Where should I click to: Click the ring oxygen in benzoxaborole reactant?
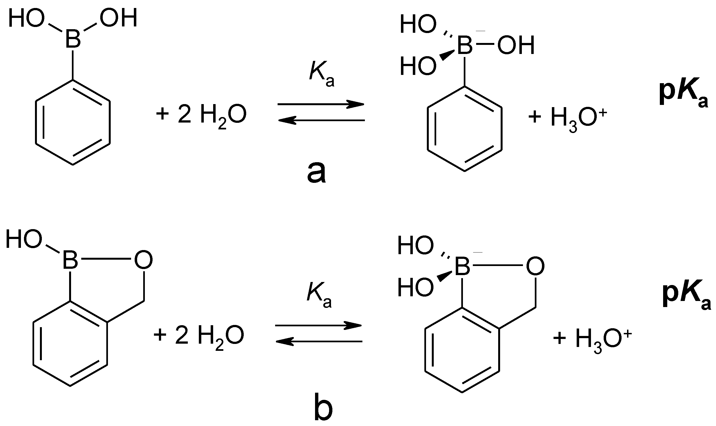(x=143, y=260)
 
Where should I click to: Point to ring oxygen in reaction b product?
(x=535, y=267)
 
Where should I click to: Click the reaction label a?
(x=316, y=173)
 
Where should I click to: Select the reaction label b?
(x=323, y=411)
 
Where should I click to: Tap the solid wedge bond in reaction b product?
(x=445, y=277)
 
